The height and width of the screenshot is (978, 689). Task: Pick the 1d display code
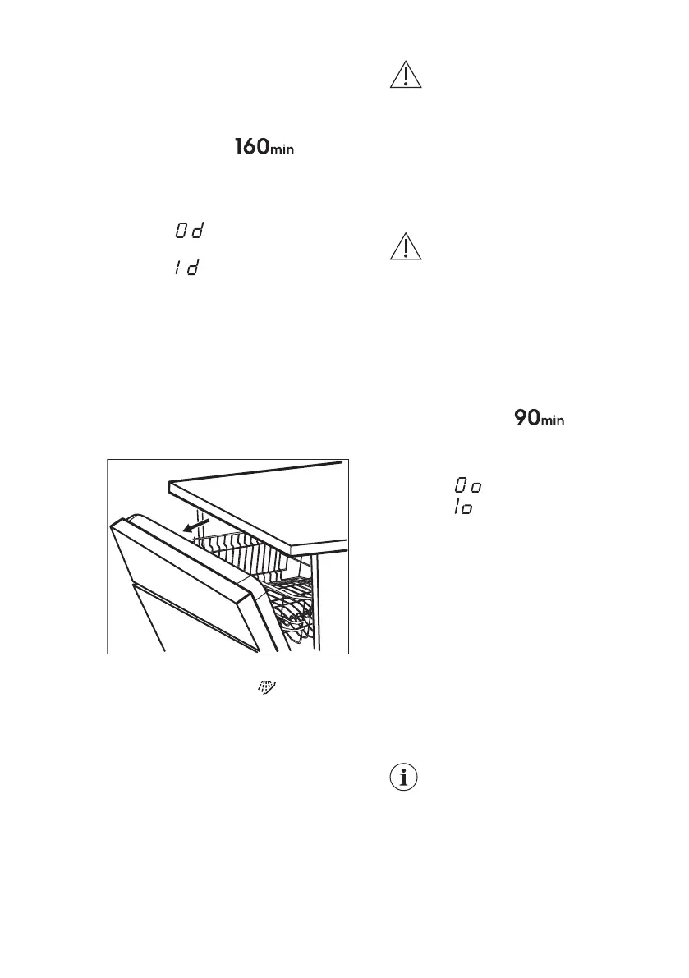186,269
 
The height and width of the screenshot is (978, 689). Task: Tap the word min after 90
553,422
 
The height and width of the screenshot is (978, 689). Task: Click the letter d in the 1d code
193,269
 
